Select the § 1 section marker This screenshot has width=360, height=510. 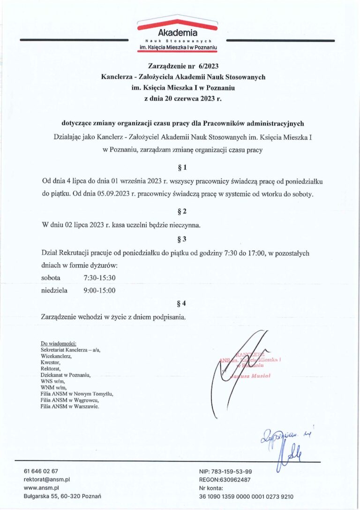(183, 167)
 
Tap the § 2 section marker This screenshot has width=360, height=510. (183, 211)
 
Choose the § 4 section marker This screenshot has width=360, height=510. (183, 304)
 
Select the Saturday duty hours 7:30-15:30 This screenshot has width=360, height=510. (99, 278)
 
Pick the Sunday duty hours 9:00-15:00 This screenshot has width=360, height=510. (99, 290)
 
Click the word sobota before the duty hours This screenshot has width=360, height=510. (51, 278)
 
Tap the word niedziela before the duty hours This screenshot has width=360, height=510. (54, 290)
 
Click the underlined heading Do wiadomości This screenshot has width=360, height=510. (59, 343)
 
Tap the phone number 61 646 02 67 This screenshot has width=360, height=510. (41, 471)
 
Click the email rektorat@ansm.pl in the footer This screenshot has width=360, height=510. (46, 480)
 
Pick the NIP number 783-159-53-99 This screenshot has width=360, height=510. (232, 471)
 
